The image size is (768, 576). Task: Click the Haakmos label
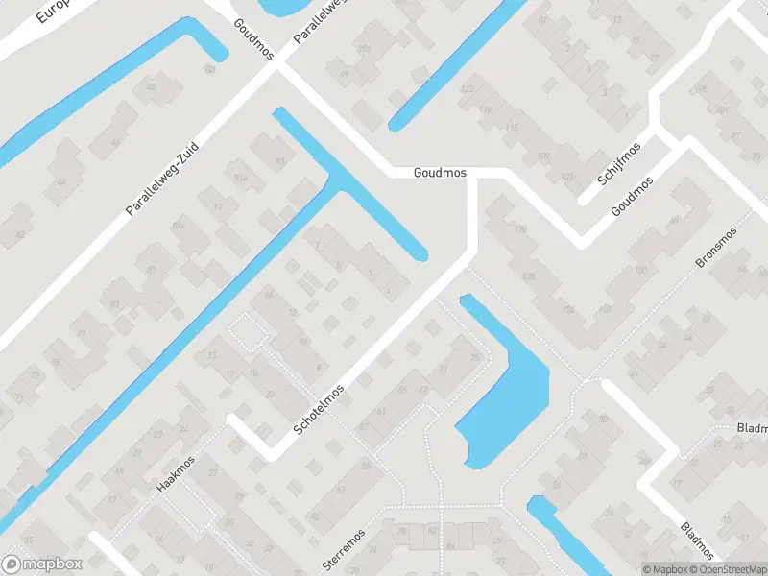click(176, 474)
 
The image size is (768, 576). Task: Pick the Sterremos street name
click(345, 549)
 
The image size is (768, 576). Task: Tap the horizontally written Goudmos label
click(440, 174)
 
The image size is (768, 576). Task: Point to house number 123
click(468, 89)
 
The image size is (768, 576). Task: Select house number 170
click(521, 230)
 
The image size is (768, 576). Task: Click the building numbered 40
click(151, 89)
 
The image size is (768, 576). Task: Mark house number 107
click(568, 176)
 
